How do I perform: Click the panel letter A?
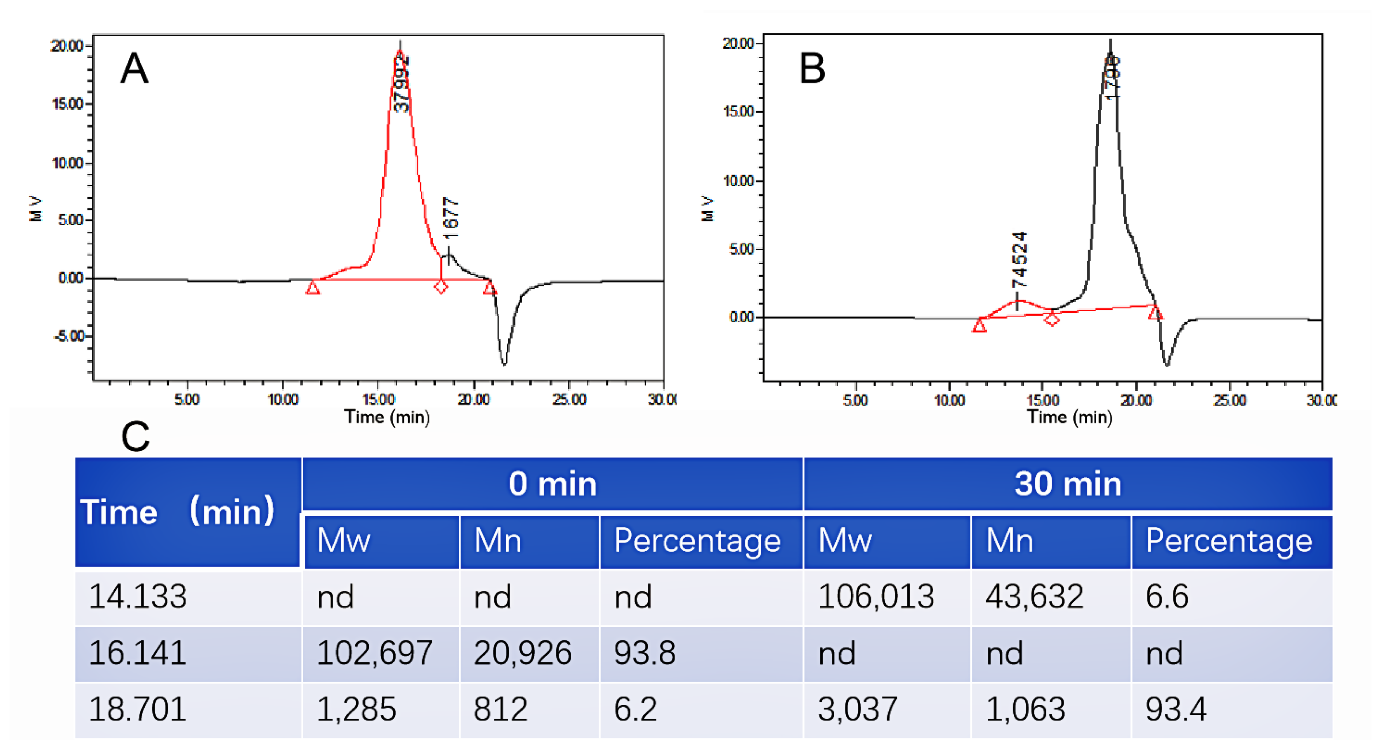click(x=134, y=69)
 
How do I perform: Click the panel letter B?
click(x=812, y=69)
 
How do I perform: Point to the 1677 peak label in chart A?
click(x=451, y=218)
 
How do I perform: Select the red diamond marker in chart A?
click(x=441, y=287)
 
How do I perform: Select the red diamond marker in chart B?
click(x=1052, y=320)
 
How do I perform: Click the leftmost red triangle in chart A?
click(x=312, y=288)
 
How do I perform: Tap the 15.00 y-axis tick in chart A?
click(x=68, y=104)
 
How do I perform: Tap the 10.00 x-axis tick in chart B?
click(x=949, y=400)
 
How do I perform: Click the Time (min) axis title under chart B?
click(x=1069, y=418)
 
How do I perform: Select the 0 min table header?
click(x=552, y=484)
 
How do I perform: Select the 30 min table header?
click(x=1068, y=484)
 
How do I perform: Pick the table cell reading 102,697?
click(x=374, y=653)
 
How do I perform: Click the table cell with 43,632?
click(x=1034, y=596)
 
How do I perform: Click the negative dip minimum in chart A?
click(x=504, y=364)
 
